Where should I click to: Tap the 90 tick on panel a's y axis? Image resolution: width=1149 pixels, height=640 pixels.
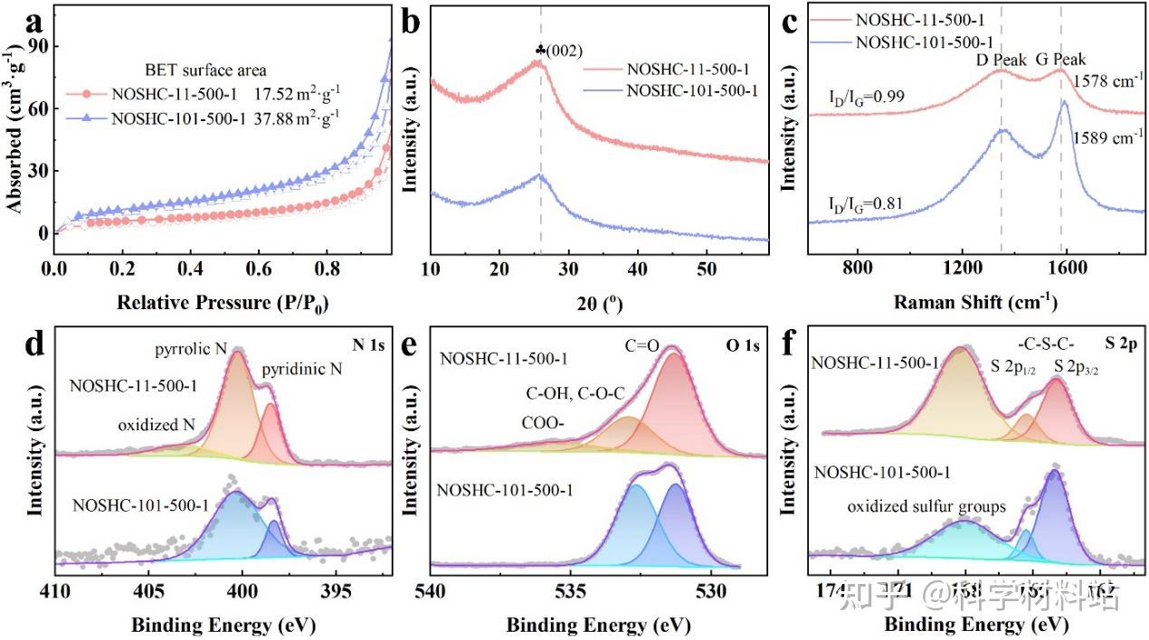pos(38,46)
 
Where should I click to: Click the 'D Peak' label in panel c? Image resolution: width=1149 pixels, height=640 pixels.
pos(1001,61)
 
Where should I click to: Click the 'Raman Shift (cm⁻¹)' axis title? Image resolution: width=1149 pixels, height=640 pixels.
pos(975,300)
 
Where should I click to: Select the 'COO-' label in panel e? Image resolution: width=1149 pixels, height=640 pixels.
pos(542,422)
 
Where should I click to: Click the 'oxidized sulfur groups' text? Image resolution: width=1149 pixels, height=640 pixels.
pos(926,507)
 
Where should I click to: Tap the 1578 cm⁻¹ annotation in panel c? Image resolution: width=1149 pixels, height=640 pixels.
pos(1105,80)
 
